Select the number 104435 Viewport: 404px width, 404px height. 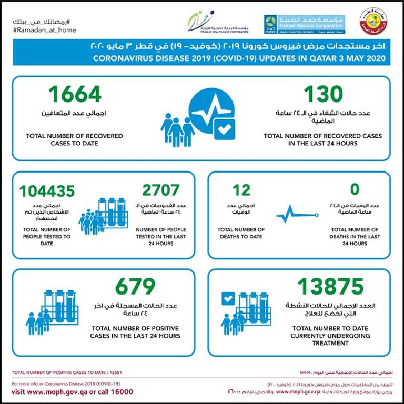(x=47, y=190)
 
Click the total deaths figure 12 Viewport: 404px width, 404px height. (x=241, y=190)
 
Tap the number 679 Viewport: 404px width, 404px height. (x=135, y=287)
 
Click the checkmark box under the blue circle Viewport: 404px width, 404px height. (x=224, y=129)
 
